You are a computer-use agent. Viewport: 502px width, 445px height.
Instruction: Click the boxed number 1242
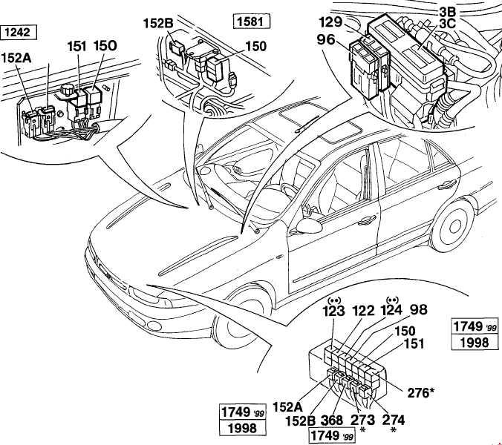19,33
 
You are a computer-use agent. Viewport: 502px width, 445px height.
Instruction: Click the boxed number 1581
252,22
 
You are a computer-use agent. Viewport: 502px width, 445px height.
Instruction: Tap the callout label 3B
447,12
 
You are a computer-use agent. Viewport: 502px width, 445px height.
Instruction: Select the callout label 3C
447,23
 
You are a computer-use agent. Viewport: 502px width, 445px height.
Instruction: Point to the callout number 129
330,23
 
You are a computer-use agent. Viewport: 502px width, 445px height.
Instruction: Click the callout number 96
326,40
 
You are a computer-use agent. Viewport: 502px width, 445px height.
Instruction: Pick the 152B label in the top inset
158,24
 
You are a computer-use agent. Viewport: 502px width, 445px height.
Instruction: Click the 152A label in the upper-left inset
16,58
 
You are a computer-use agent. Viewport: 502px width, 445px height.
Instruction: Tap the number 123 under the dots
335,311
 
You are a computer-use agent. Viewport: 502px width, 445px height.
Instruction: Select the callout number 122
363,311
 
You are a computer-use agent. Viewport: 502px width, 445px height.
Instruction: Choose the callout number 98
419,309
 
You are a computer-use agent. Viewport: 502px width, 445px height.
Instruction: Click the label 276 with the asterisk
420,392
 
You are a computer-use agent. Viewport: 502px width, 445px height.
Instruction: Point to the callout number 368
332,421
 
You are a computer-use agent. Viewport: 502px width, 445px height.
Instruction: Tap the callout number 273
362,421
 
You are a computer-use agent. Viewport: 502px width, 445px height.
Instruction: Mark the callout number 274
394,421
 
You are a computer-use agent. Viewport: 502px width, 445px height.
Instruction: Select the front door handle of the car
366,220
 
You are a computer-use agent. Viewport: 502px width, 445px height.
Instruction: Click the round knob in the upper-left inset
68,90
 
